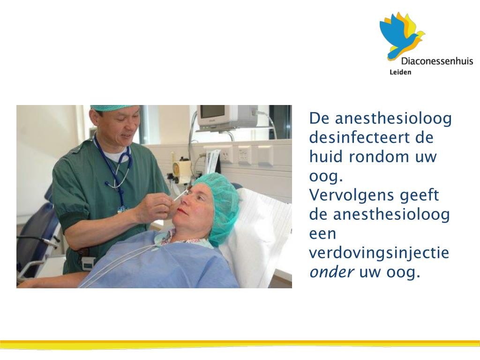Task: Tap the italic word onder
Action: tap(332, 272)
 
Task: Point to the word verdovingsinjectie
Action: tap(379, 253)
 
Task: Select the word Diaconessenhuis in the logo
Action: tap(437, 61)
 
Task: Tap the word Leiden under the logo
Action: tap(400, 72)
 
